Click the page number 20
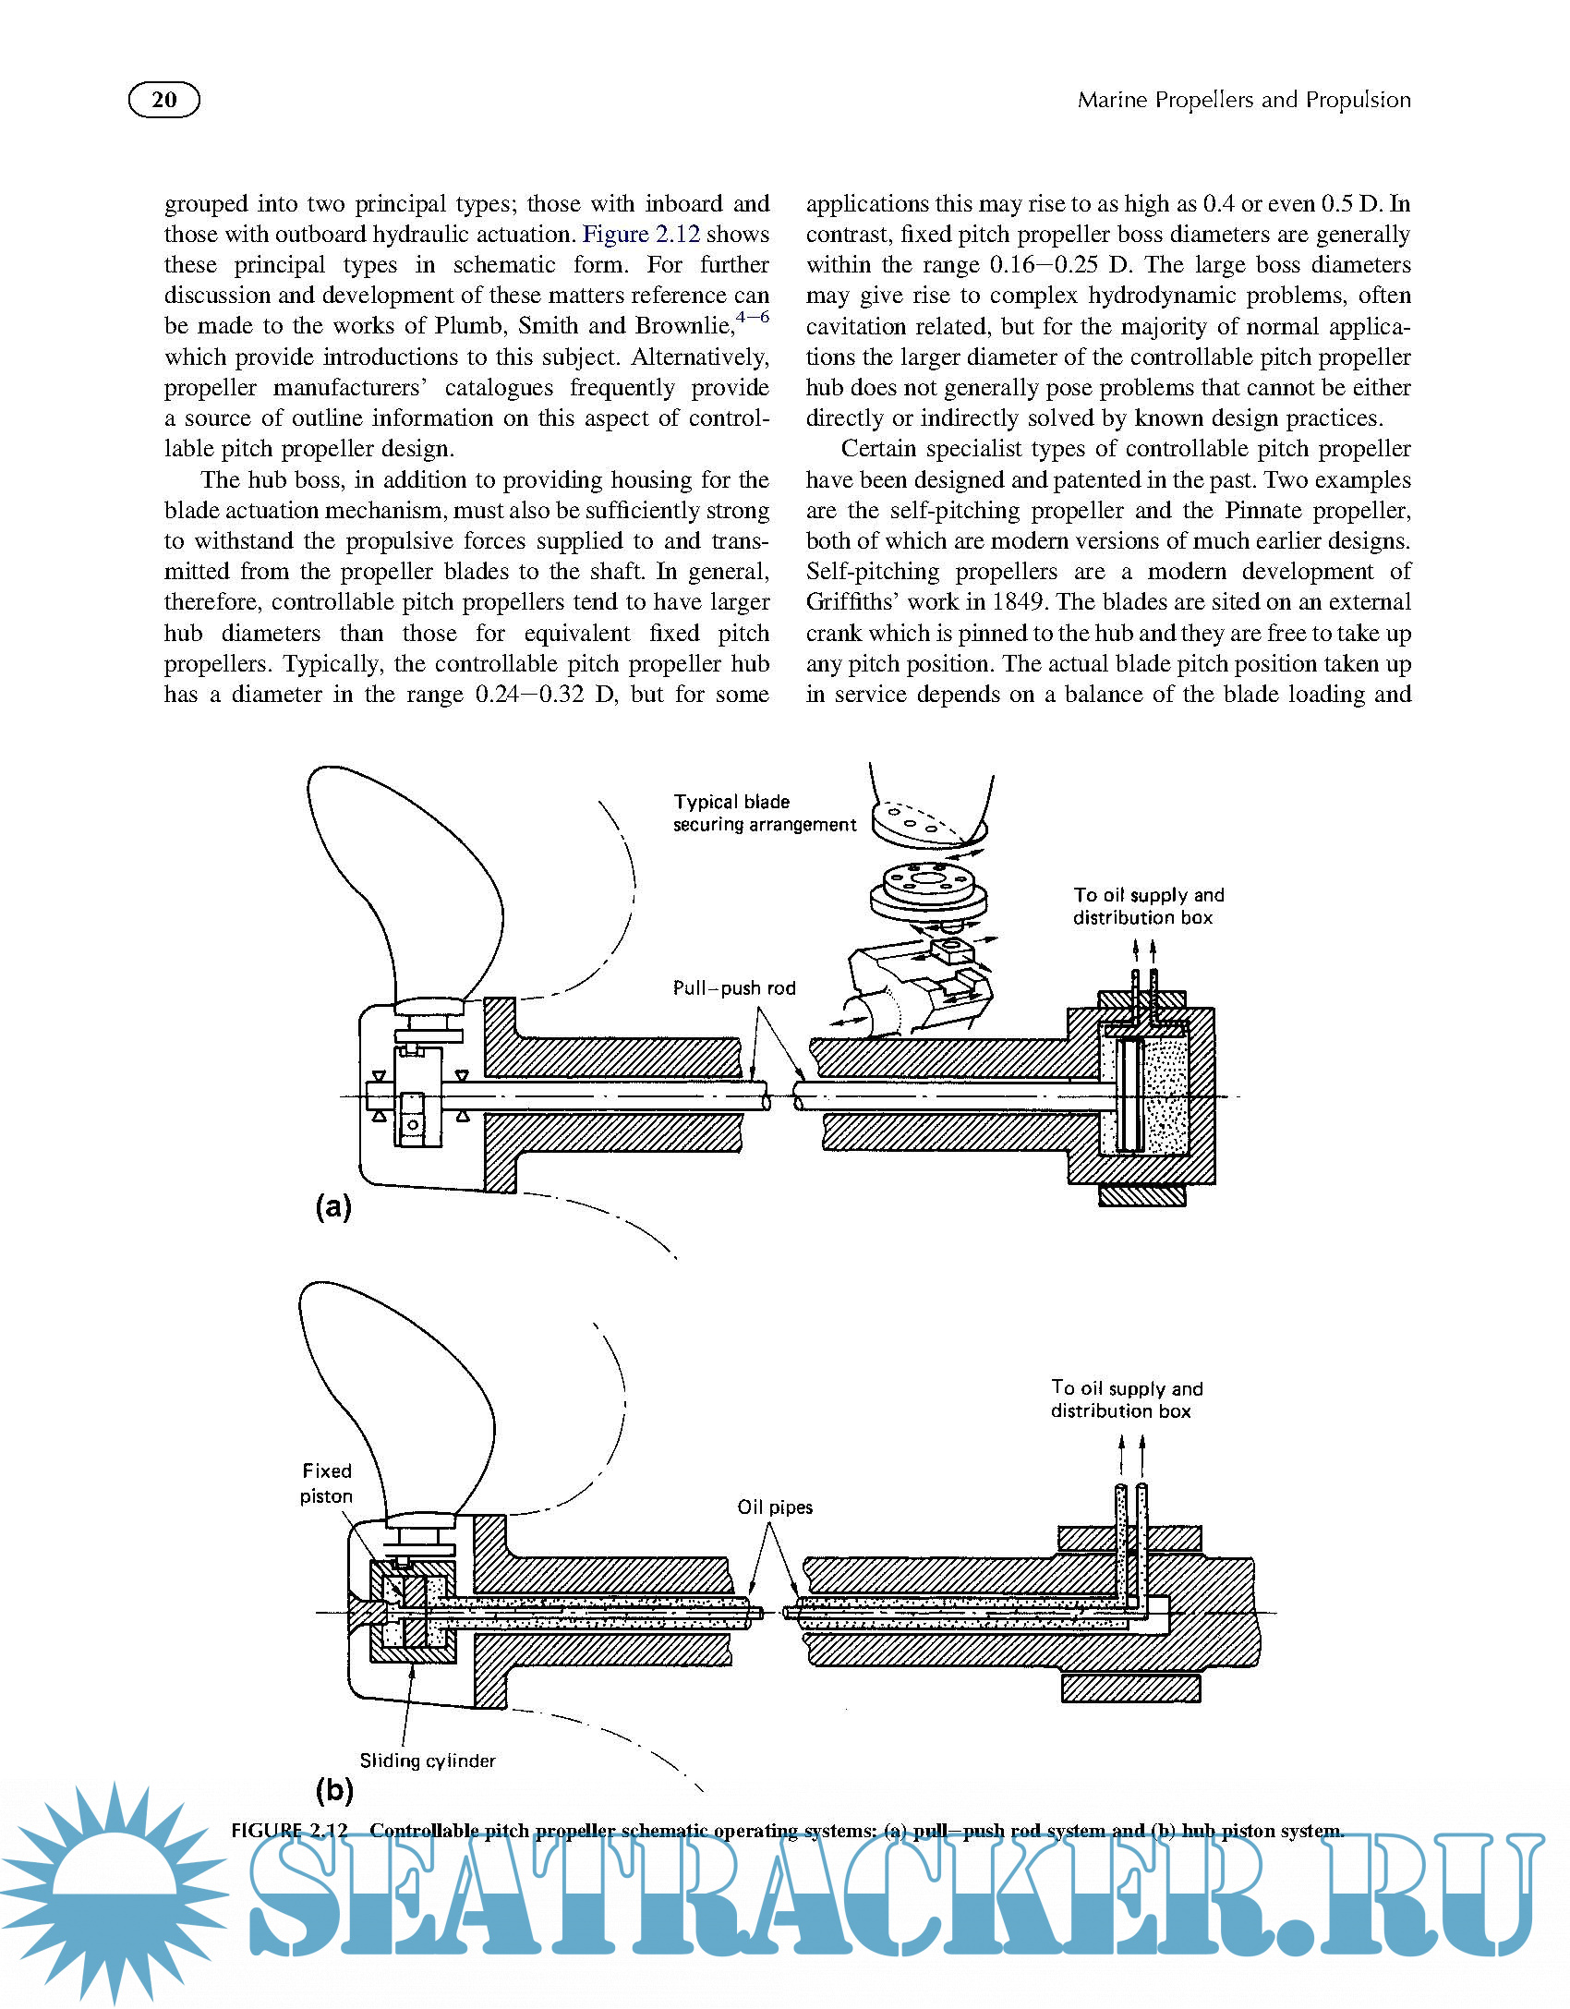pos(163,100)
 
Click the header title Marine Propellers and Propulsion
pos(1243,100)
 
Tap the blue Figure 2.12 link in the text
pos(640,234)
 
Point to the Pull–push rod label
pos(734,987)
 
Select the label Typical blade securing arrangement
pos(764,813)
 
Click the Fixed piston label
pos(326,1483)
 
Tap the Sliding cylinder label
pos(428,1761)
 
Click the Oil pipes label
pos(775,1507)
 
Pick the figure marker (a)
pos(333,1206)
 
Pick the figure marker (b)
pos(334,1789)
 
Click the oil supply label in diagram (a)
pos(1148,905)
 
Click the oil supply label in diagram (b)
pos(1126,1399)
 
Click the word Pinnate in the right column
pos(1265,510)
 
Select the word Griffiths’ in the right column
pos(852,602)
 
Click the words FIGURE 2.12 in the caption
pos(289,1830)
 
